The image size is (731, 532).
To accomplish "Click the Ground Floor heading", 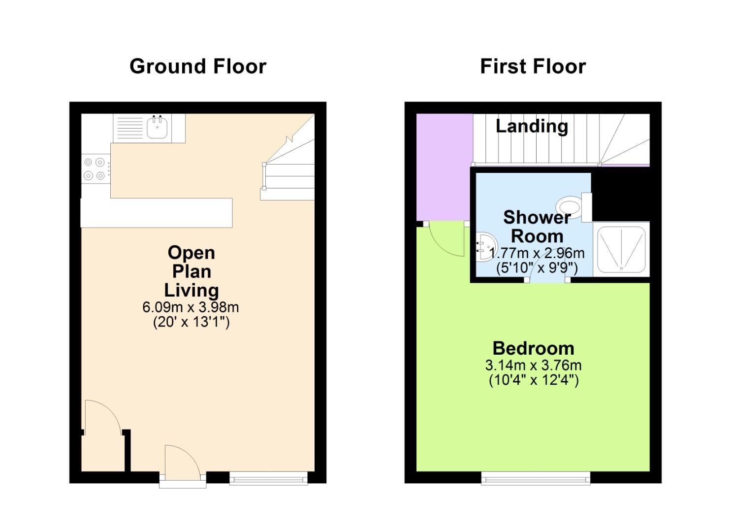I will pos(198,66).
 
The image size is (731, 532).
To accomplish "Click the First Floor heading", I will pos(533,66).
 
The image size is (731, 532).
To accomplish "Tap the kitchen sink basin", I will pos(158,128).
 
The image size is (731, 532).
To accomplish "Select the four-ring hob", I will pos(95,168).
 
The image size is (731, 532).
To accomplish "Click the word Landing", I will pos(532,126).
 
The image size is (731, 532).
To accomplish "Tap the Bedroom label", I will pos(533,348).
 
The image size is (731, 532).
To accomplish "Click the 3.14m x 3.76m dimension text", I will pos(533,366).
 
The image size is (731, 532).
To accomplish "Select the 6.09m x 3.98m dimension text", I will pos(191,307).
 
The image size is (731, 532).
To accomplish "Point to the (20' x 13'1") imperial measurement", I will pos(191,322).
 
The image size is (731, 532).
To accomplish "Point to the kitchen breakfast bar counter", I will pos(156,213).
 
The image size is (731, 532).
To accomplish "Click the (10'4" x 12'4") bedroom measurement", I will pos(533,380).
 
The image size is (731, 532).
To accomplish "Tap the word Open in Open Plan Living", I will pos(191,253).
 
